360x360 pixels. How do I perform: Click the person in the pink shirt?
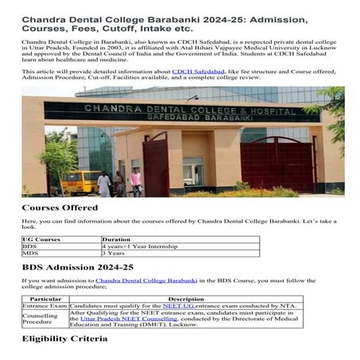click(136, 180)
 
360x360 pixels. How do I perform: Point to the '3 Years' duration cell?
click(115, 254)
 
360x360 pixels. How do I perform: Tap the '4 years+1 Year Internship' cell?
click(136, 246)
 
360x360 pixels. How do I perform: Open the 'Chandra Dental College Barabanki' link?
click(146, 281)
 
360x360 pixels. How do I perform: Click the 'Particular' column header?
click(45, 298)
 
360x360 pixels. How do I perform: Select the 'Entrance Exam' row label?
click(45, 306)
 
